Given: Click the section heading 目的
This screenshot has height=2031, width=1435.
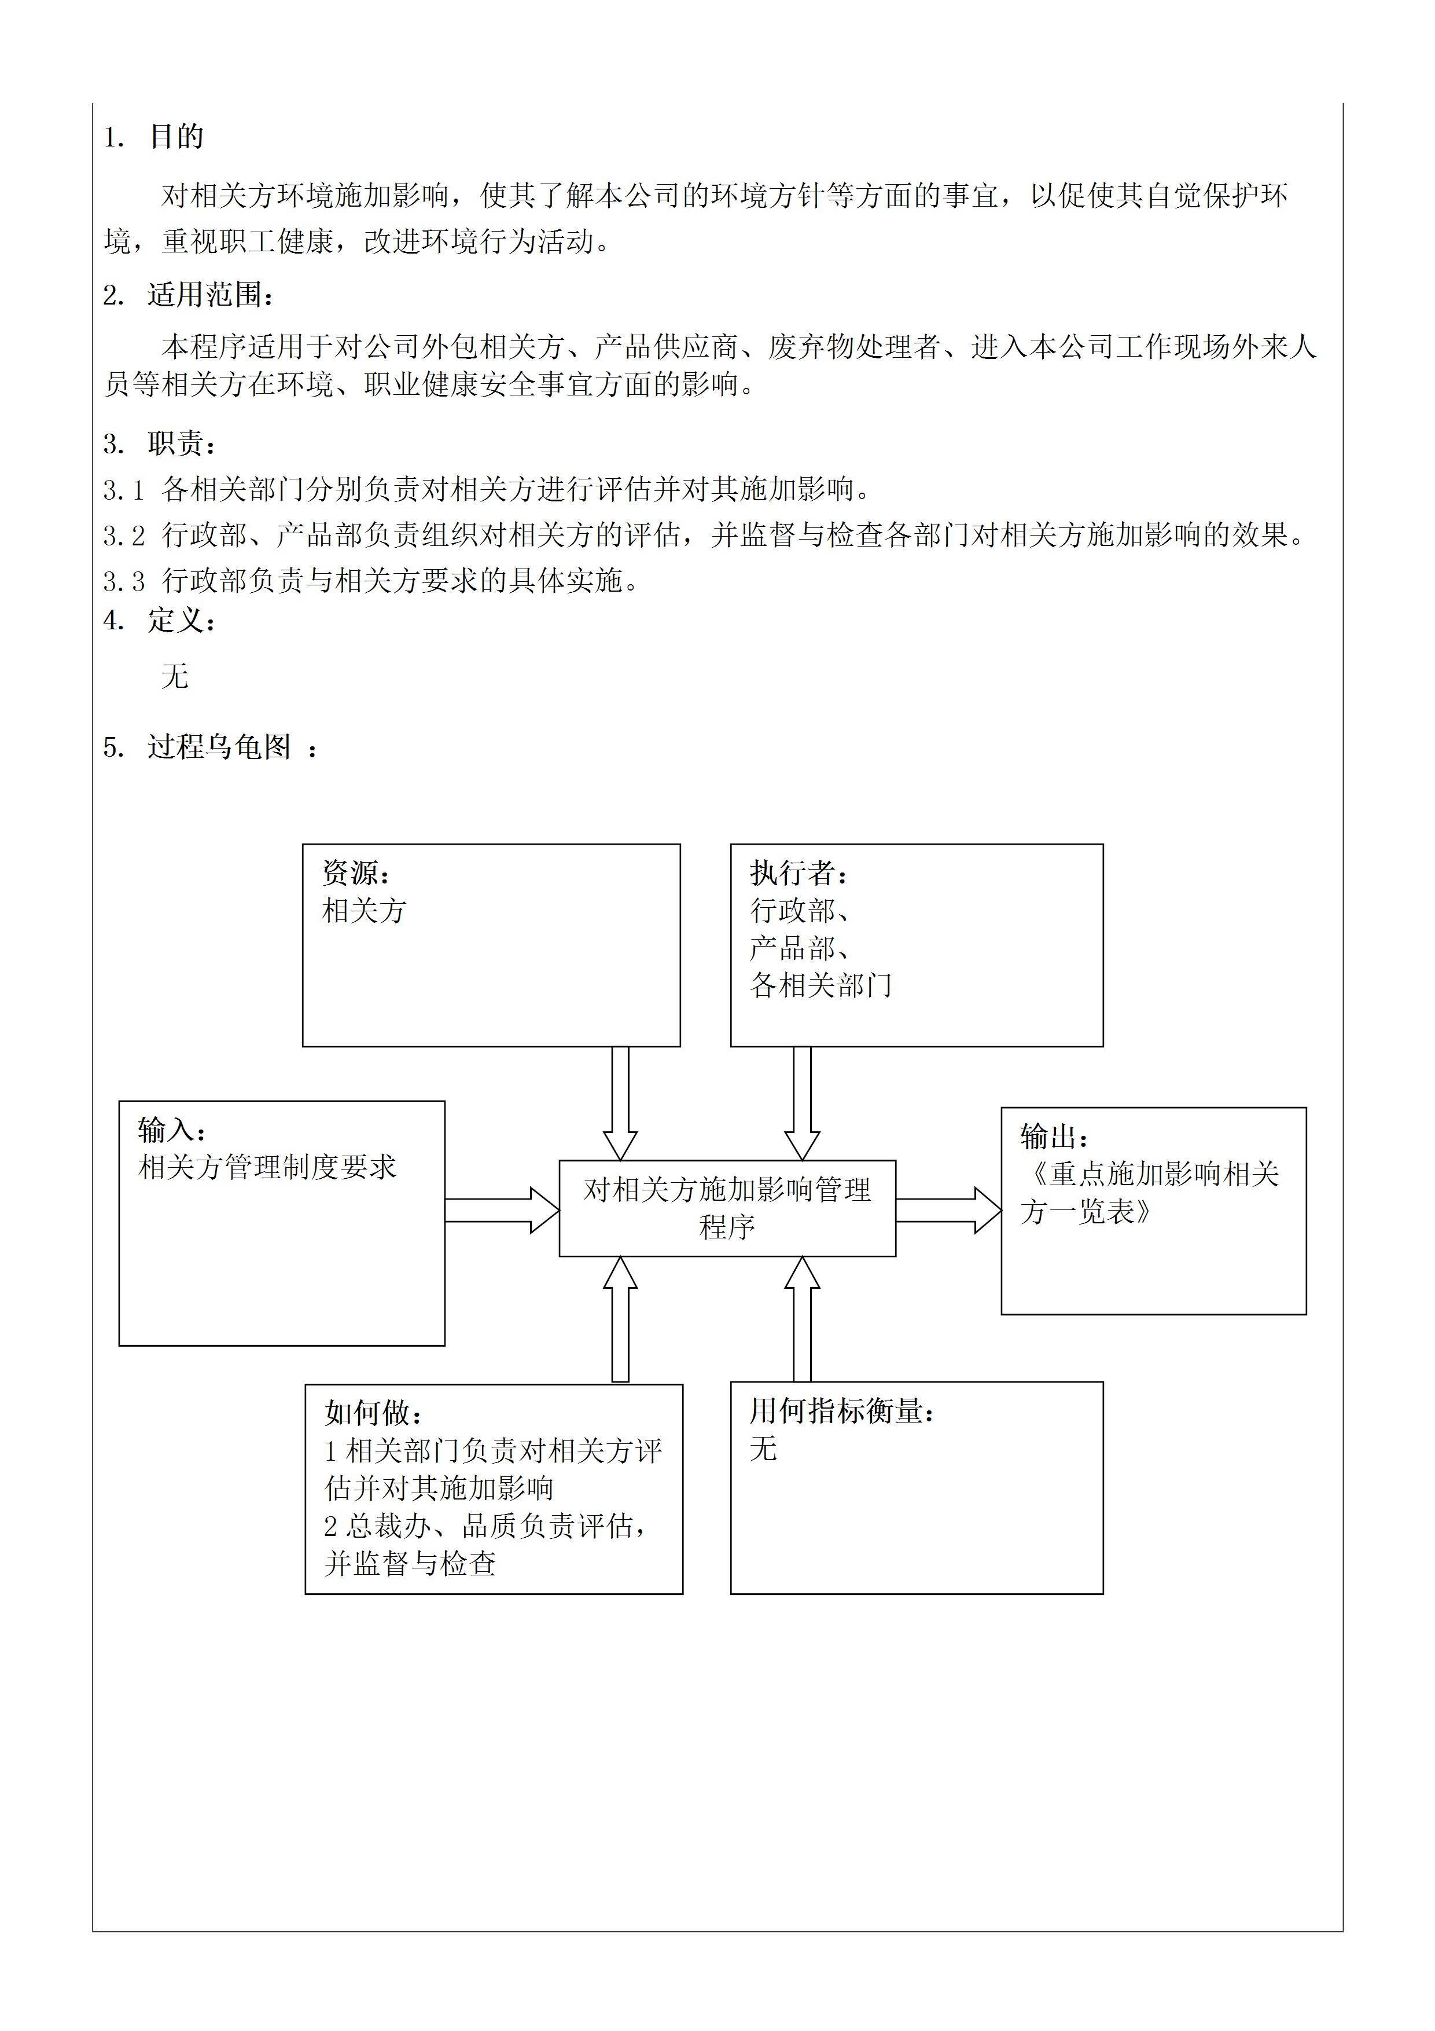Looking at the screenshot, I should point(176,137).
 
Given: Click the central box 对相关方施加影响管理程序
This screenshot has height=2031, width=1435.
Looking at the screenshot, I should point(727,1208).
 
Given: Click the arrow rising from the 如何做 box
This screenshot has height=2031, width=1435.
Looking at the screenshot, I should point(620,1319).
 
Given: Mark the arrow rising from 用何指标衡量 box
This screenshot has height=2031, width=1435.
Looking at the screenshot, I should point(802,1318).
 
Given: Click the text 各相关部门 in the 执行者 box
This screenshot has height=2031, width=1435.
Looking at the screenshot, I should point(820,985).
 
